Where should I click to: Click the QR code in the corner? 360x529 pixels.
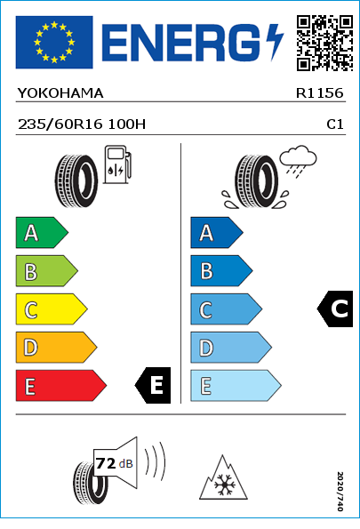pos(325,43)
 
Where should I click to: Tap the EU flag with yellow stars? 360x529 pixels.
pos(54,42)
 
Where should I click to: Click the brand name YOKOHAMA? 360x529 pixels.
pos(60,93)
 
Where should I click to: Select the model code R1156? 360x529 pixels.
pos(319,93)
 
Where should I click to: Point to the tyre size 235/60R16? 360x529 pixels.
pos(60,124)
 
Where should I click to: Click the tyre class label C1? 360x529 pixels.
pos(335,124)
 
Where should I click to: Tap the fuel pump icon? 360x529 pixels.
pos(117,164)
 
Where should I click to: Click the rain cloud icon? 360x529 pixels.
pos(298,161)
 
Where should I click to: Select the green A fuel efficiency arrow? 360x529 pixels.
pos(42,232)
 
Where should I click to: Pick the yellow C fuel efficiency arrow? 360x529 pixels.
pos(52,309)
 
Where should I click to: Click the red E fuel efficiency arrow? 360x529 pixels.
pos(60,385)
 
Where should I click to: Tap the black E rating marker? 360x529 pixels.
pos(153,385)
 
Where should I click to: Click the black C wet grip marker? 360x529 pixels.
pos(335,309)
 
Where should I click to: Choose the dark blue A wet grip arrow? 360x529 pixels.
pos(216,232)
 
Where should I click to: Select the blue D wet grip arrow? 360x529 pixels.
pos(231,347)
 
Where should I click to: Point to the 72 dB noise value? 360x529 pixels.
pos(115,463)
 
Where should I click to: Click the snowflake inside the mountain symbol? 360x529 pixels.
pos(223,485)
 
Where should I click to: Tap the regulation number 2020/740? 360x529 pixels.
pos(340,491)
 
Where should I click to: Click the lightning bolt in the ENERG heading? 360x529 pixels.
pos(275,42)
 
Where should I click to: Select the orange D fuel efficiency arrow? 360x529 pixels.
pos(56,347)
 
